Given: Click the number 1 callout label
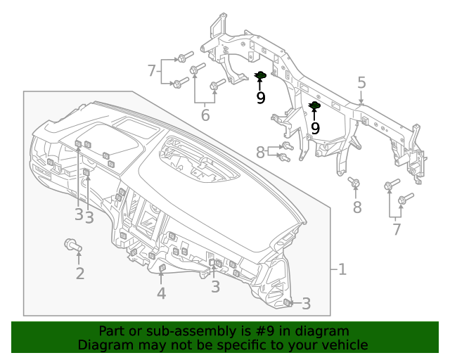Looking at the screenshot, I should pyautogui.click(x=342, y=269).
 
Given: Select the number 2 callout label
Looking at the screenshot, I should pyautogui.click(x=79, y=274).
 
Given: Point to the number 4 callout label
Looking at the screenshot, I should pyautogui.click(x=161, y=293).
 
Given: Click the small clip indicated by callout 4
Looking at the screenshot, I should pyautogui.click(x=162, y=268).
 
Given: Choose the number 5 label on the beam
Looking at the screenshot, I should pyautogui.click(x=361, y=83).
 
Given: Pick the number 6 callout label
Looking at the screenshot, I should pyautogui.click(x=205, y=115).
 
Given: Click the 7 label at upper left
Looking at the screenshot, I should pyautogui.click(x=151, y=70).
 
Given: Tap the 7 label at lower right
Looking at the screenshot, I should pyautogui.click(x=397, y=229).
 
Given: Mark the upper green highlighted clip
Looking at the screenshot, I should pyautogui.click(x=259, y=76).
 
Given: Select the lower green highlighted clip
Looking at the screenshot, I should pyautogui.click(x=314, y=107).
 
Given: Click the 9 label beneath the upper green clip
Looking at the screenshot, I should pyautogui.click(x=260, y=98).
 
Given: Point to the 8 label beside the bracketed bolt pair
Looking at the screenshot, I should pyautogui.click(x=260, y=151).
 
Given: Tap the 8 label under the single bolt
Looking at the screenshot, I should pyautogui.click(x=357, y=207).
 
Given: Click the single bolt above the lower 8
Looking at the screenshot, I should pyautogui.click(x=355, y=184).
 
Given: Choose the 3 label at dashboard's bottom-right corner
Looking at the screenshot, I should pyautogui.click(x=306, y=304).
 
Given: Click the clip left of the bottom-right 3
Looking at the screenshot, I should pyautogui.click(x=288, y=302).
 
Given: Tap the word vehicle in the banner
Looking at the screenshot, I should pyautogui.click(x=344, y=345).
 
